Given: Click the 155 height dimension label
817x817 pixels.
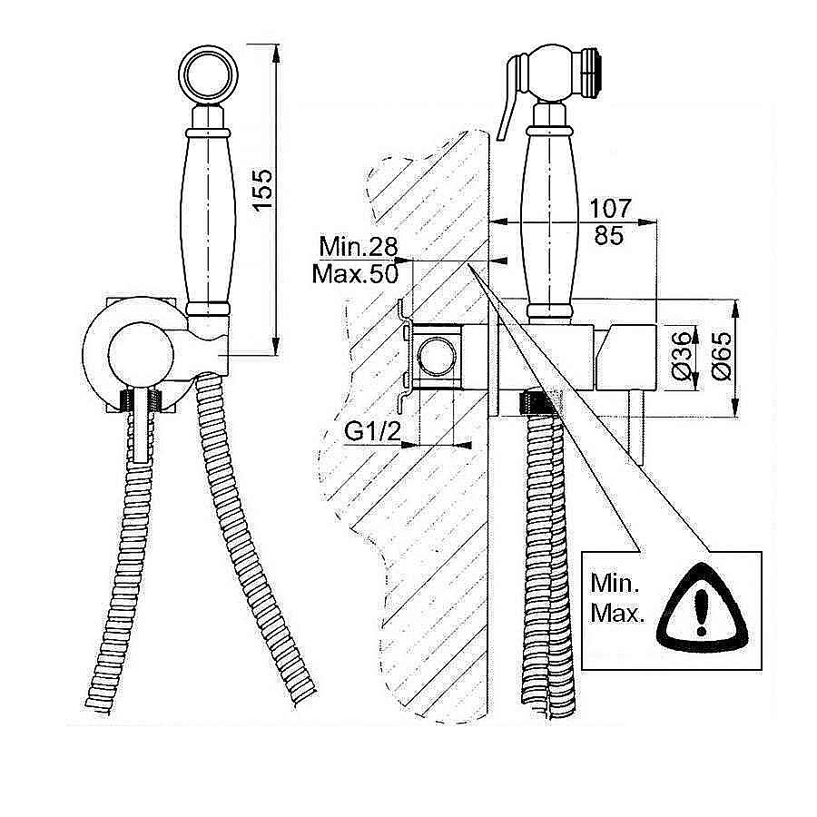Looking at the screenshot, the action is pyautogui.click(x=264, y=189).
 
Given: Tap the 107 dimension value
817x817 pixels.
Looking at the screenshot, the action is pyautogui.click(x=610, y=209).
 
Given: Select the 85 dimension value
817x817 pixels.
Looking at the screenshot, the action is pyautogui.click(x=608, y=235).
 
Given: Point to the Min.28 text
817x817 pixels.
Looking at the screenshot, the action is pyautogui.click(x=359, y=246).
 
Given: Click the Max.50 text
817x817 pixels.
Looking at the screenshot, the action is pyautogui.click(x=355, y=273).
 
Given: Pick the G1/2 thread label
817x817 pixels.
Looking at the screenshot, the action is pyautogui.click(x=372, y=431).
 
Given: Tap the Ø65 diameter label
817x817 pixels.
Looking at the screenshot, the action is pyautogui.click(x=721, y=357).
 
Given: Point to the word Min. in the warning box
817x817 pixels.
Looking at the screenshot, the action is pyautogui.click(x=615, y=583).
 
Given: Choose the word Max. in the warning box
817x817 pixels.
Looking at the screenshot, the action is pyautogui.click(x=617, y=614).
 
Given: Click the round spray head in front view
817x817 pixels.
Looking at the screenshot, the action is pyautogui.click(x=209, y=74).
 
